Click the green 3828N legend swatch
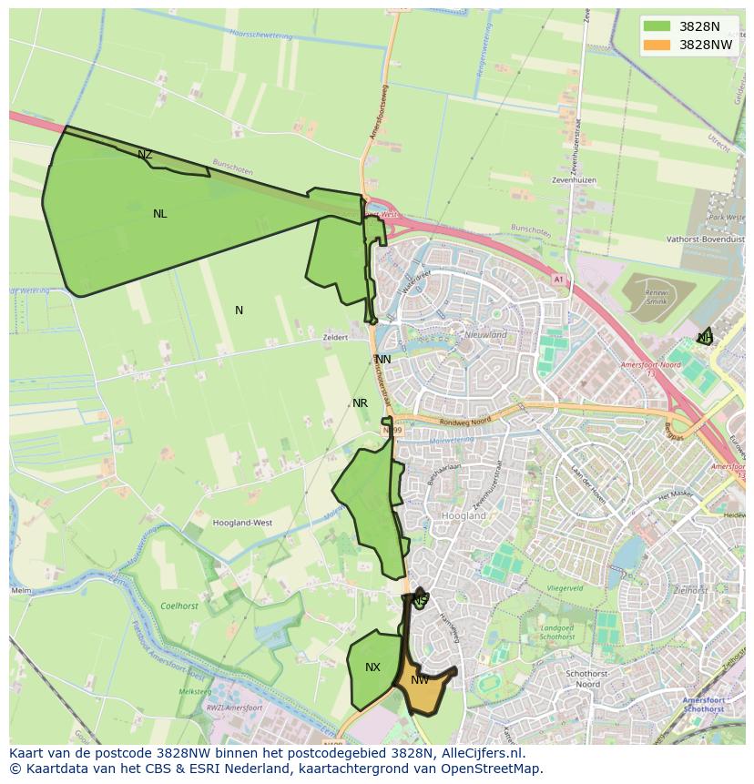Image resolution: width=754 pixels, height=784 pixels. [x=655, y=26]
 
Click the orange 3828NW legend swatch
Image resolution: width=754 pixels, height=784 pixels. [x=655, y=45]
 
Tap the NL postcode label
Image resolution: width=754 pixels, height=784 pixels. [x=160, y=214]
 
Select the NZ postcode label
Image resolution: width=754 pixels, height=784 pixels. [x=145, y=155]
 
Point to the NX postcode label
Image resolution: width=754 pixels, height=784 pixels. [x=372, y=667]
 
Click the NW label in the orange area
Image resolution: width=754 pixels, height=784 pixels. [x=420, y=680]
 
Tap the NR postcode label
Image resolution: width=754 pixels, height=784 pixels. [x=361, y=403]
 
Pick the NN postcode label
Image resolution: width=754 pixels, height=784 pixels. [x=383, y=360]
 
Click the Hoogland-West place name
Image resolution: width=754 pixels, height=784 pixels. [x=242, y=524]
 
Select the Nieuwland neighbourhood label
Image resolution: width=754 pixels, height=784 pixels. [x=486, y=335]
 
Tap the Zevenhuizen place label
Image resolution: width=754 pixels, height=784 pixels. [x=574, y=180]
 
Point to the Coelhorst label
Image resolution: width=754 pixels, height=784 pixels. [x=179, y=606]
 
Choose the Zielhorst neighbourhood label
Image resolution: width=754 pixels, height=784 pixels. [x=691, y=590]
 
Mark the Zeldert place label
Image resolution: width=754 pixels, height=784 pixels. [x=335, y=337]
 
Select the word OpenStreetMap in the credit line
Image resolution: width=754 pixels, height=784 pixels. [x=495, y=769]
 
